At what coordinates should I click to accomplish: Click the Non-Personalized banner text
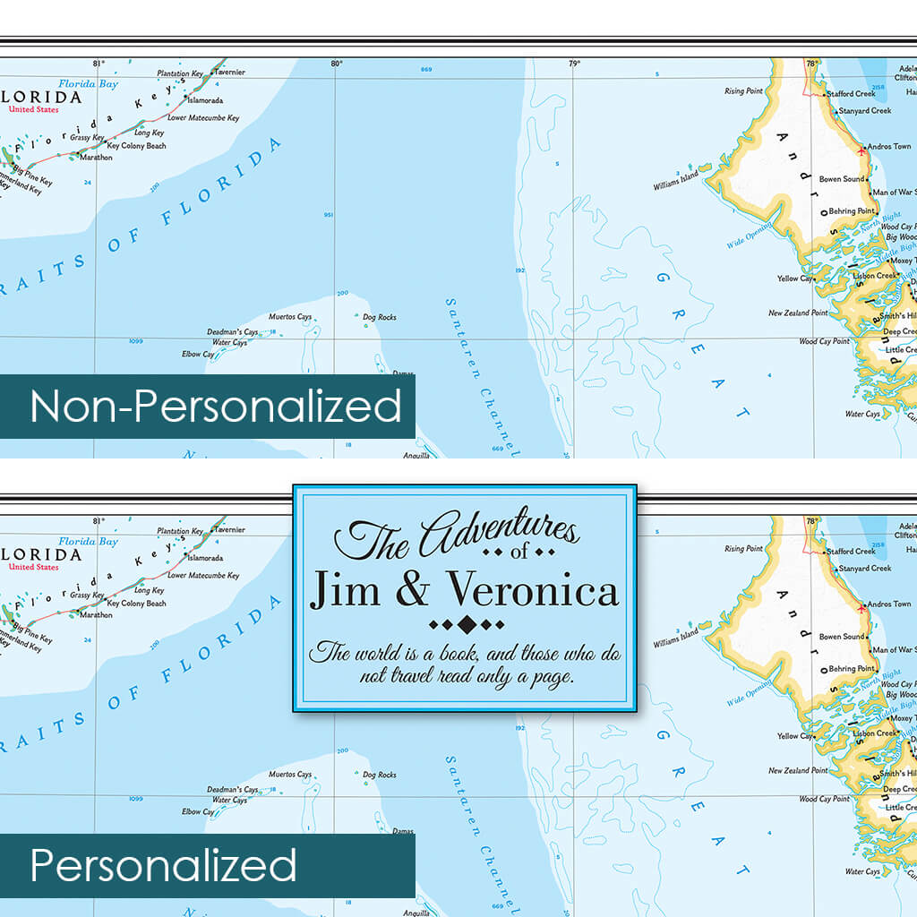(215, 407)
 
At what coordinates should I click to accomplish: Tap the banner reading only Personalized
(163, 866)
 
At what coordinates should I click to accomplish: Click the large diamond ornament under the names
(467, 623)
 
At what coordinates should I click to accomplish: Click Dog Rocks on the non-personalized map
(380, 317)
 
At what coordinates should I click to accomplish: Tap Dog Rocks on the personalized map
(380, 775)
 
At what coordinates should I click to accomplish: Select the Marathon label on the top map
(96, 158)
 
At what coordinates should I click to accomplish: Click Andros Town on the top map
(889, 147)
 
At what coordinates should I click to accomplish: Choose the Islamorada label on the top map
(204, 101)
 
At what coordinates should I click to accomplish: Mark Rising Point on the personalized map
(743, 549)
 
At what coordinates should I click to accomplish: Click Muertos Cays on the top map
(290, 317)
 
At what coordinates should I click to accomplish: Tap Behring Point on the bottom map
(851, 669)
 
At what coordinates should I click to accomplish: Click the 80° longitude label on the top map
(336, 64)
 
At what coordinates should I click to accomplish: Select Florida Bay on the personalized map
(89, 542)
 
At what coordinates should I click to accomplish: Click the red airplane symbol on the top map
(861, 150)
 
